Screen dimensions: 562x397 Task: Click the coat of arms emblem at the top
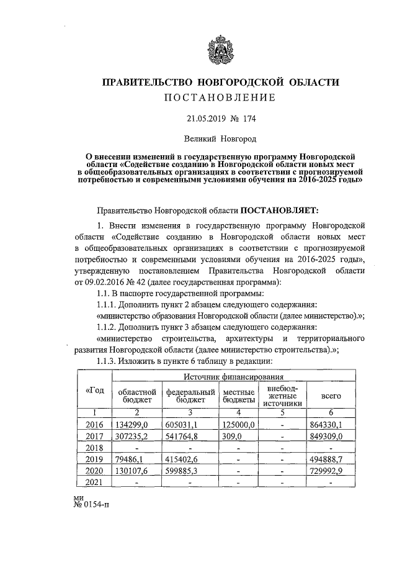coord(221,48)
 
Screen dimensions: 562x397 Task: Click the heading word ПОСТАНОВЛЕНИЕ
coord(220,98)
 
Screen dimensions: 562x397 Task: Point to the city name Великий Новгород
coord(220,140)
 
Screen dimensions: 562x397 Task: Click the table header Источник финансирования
coord(234,376)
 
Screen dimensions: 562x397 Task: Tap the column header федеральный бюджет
coord(190,396)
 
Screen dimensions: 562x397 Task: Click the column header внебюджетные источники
coord(282,395)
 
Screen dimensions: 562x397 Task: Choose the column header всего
coord(329,396)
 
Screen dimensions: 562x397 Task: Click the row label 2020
coord(94,471)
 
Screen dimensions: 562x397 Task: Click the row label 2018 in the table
coord(94,448)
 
